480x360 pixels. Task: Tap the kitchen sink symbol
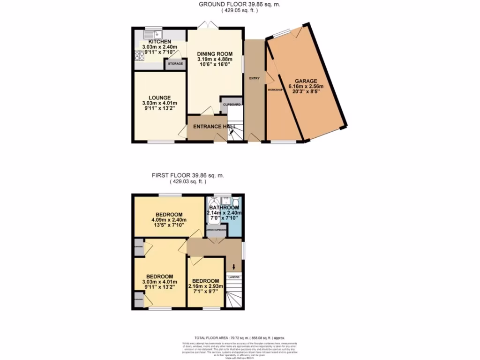point(152,34)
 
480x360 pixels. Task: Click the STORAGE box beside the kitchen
point(175,64)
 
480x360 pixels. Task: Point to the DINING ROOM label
point(215,54)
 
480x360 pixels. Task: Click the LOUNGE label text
point(159,97)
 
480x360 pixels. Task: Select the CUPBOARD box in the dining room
point(232,104)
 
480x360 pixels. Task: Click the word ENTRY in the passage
point(254,78)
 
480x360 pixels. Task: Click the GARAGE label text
point(306,81)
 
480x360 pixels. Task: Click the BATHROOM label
point(224,207)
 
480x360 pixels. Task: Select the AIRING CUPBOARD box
point(217,230)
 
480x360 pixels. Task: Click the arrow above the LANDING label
point(234,267)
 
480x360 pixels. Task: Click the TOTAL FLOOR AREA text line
point(240,337)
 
